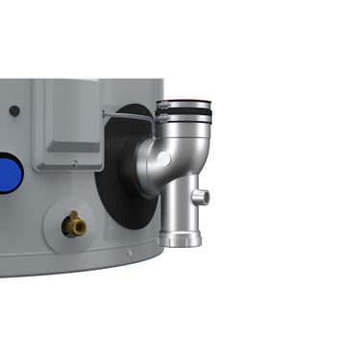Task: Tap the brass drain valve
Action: coord(74,226)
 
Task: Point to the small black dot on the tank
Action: coord(14,111)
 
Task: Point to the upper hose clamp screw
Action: coord(162,105)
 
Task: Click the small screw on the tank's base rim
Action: coord(129,252)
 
